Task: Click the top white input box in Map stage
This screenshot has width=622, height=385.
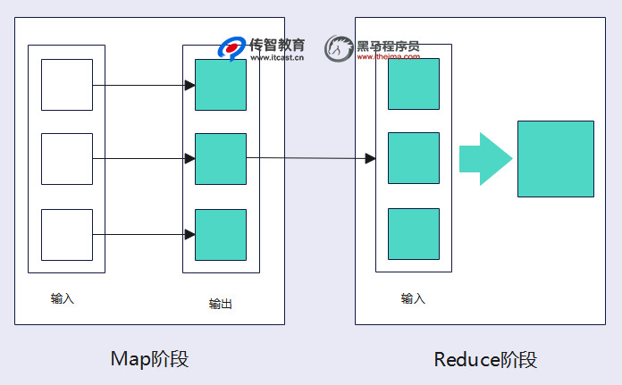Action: click(67, 85)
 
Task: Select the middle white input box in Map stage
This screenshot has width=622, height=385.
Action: click(67, 159)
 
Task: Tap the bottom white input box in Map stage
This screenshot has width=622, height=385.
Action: click(67, 235)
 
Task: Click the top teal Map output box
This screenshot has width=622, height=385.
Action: click(221, 85)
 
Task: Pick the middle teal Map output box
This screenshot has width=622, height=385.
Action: click(221, 159)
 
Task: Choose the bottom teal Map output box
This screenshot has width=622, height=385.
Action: click(221, 235)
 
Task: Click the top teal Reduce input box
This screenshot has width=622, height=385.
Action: click(414, 84)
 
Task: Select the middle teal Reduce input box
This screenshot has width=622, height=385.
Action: click(414, 158)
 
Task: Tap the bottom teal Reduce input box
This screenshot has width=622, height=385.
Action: click(414, 234)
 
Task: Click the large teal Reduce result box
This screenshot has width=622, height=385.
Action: click(556, 159)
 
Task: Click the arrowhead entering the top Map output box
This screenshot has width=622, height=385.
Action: click(189, 86)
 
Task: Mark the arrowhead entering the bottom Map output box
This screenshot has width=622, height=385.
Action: click(189, 235)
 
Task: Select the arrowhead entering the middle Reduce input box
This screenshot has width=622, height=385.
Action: click(371, 159)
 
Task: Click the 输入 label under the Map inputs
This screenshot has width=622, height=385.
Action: click(63, 299)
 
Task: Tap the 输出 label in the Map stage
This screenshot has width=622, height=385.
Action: click(221, 305)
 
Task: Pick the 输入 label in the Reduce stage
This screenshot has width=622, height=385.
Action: click(413, 299)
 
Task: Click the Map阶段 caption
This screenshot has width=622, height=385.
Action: click(149, 359)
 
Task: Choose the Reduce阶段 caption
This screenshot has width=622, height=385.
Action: click(485, 360)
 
